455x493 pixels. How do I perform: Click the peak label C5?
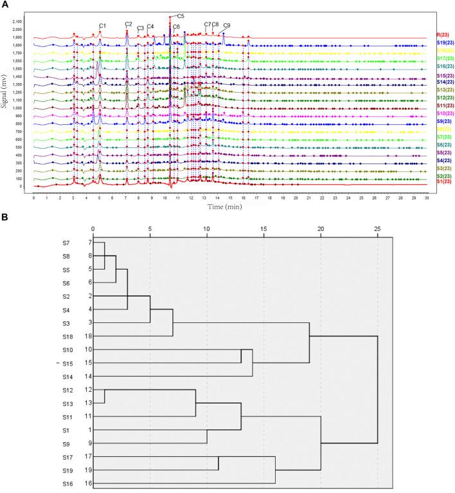coord(181,15)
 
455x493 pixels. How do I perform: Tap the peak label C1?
coord(102,26)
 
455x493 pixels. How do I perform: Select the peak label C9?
coord(227,26)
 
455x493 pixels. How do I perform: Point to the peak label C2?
coord(129,24)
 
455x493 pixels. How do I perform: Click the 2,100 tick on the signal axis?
coord(18,21)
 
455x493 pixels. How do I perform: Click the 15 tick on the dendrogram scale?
coord(263,228)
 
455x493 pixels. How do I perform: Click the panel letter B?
coord(5,218)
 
